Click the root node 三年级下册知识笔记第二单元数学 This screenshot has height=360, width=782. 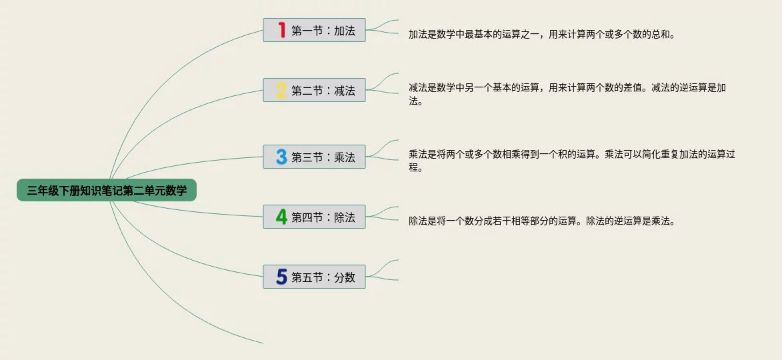coord(107,191)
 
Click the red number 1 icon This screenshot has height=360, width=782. coord(281,30)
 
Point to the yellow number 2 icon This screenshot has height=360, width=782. coord(281,90)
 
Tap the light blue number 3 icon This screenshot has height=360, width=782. coord(281,157)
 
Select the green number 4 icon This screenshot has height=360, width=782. coord(281,217)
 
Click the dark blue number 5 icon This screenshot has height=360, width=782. coord(281,277)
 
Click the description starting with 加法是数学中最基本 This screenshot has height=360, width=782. coord(541,34)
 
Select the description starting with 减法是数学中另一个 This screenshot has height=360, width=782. coord(567,94)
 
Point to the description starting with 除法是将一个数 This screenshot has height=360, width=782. coord(541,221)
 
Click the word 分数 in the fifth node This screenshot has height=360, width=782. coord(345,277)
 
